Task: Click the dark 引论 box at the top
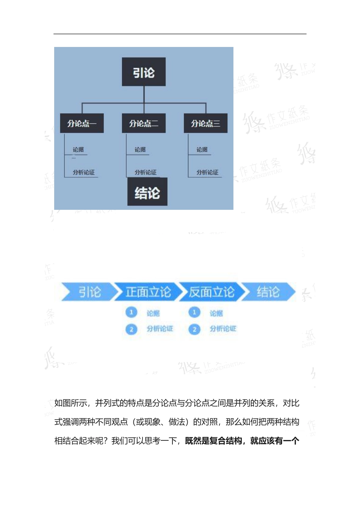click(144, 72)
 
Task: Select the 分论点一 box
click(82, 123)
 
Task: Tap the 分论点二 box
click(144, 123)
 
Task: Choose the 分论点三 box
click(205, 123)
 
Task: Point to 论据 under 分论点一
click(78, 150)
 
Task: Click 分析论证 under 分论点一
click(84, 172)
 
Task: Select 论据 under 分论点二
click(140, 150)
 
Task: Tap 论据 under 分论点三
click(202, 150)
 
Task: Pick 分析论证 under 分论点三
click(207, 172)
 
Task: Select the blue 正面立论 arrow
click(148, 292)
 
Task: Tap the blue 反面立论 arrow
click(211, 292)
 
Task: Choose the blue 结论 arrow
click(268, 292)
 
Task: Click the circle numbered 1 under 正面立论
click(131, 312)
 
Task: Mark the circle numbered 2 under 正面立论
click(131, 329)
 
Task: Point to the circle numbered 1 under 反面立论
click(194, 312)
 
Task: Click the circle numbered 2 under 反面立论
click(194, 329)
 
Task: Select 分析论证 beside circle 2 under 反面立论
click(223, 329)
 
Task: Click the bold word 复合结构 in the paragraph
click(226, 441)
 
